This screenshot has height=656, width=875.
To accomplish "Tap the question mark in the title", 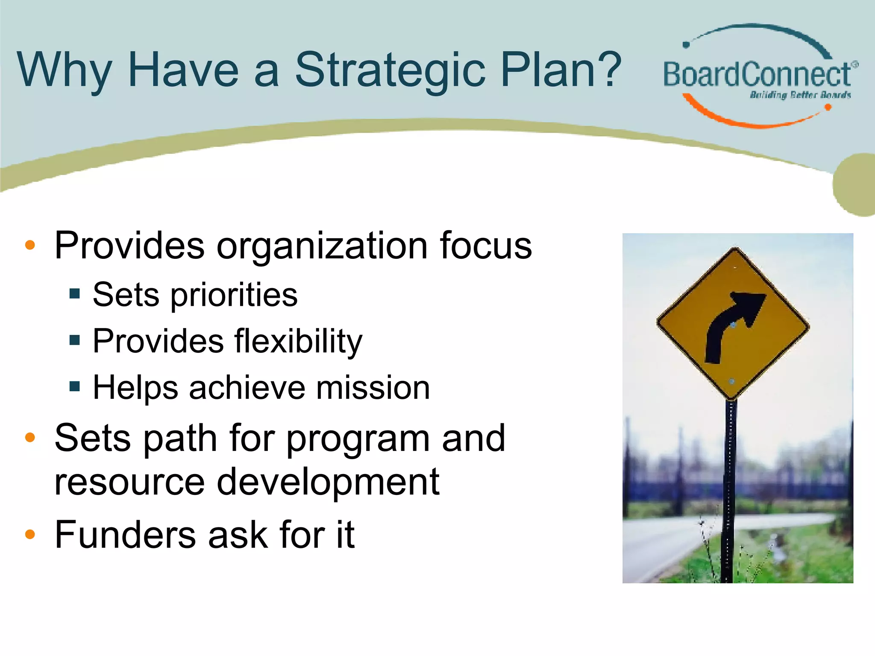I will pos(604,68).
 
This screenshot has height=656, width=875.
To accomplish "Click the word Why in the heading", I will pos(64,70).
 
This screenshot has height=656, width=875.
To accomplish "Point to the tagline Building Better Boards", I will pos(800,95).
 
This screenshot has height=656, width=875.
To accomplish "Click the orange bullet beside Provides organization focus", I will pos(30,245).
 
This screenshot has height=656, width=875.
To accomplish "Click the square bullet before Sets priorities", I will pos(75,293).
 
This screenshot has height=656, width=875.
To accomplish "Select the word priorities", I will pos(234,296).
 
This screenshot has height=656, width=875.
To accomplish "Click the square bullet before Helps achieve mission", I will pos(75,387).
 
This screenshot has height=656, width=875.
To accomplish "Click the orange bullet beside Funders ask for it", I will pos(30,534).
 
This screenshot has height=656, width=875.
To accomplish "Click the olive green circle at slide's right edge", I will pos(854,184).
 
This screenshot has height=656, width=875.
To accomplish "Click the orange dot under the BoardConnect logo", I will pos(828,107).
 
